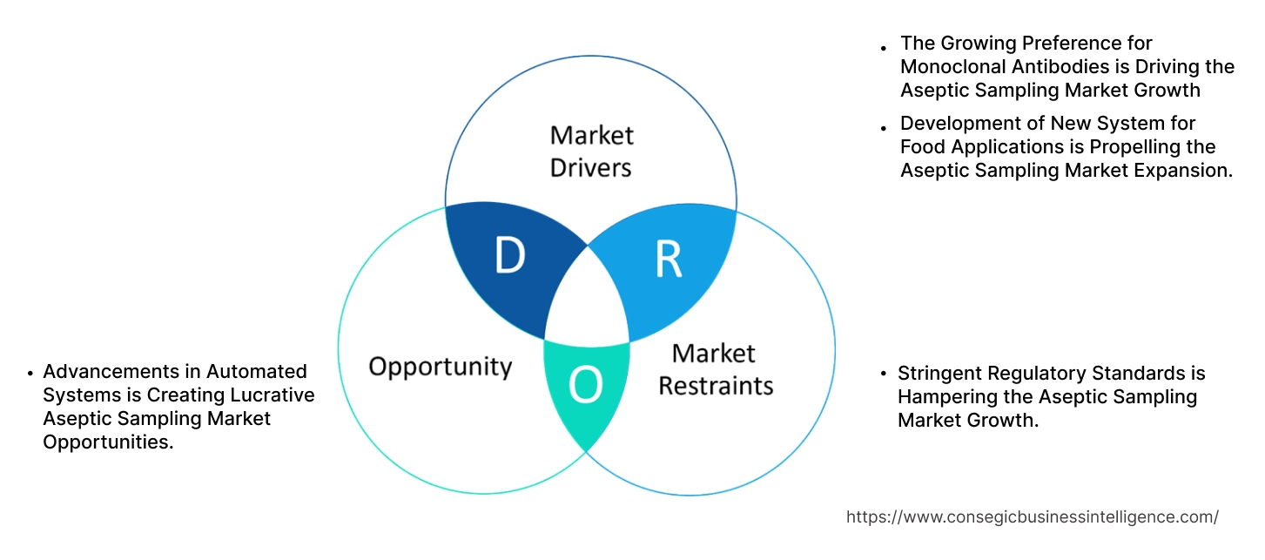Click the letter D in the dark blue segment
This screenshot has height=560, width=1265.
pos(509,255)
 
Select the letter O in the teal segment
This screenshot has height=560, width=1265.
pos(585,386)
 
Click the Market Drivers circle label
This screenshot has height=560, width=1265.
pos(591,151)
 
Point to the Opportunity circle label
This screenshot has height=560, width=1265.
pos(440,366)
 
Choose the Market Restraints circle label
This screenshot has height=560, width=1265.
pos(715,368)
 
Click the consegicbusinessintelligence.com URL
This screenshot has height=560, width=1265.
pos(1032,516)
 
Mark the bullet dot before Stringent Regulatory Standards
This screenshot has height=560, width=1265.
pos(885,374)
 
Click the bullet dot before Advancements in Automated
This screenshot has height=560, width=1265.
pos(30,373)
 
